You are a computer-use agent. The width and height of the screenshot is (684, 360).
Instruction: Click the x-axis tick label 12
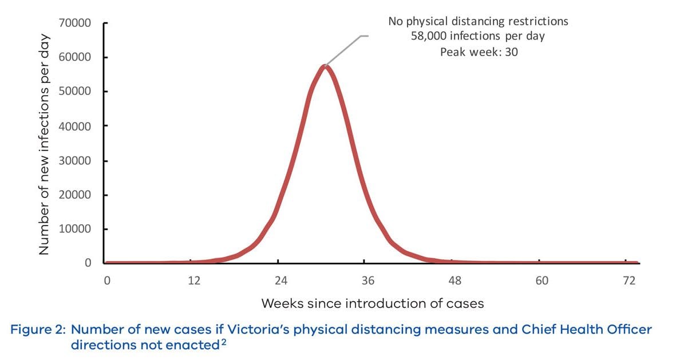[x=193, y=281]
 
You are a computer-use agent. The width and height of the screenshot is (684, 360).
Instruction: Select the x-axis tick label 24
[x=280, y=281]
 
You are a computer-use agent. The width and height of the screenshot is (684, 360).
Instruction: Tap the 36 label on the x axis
[x=367, y=281]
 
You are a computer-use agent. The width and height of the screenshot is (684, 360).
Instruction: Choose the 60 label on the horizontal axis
[x=541, y=281]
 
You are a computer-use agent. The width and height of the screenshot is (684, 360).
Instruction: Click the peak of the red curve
[x=325, y=66]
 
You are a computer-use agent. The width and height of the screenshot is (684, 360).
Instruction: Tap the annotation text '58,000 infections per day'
[x=477, y=37]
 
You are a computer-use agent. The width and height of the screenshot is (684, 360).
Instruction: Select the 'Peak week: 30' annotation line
[x=479, y=52]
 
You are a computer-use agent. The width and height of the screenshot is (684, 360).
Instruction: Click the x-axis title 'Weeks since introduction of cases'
[x=373, y=303]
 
